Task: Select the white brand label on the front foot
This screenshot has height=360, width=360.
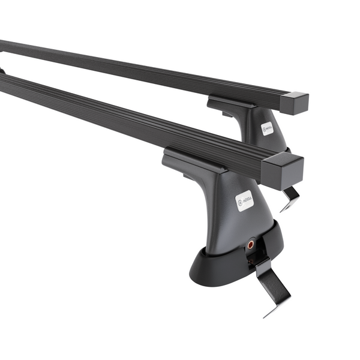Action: click(245, 200)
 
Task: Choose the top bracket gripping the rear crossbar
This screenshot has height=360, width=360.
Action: click(231, 104)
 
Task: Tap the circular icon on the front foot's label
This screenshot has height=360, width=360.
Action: click(241, 203)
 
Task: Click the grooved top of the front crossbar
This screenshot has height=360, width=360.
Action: click(120, 111)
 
